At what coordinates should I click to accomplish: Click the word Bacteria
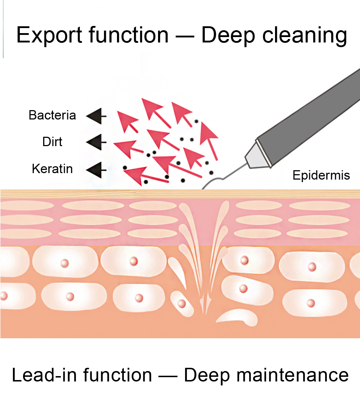click(x=52, y=116)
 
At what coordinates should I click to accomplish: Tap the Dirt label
click(x=52, y=142)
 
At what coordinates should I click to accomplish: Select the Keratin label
click(x=52, y=169)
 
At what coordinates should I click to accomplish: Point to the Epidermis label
click(x=321, y=175)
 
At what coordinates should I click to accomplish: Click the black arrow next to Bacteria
click(x=95, y=116)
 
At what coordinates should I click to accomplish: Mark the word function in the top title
click(x=134, y=35)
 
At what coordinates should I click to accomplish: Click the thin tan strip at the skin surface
click(x=108, y=194)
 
